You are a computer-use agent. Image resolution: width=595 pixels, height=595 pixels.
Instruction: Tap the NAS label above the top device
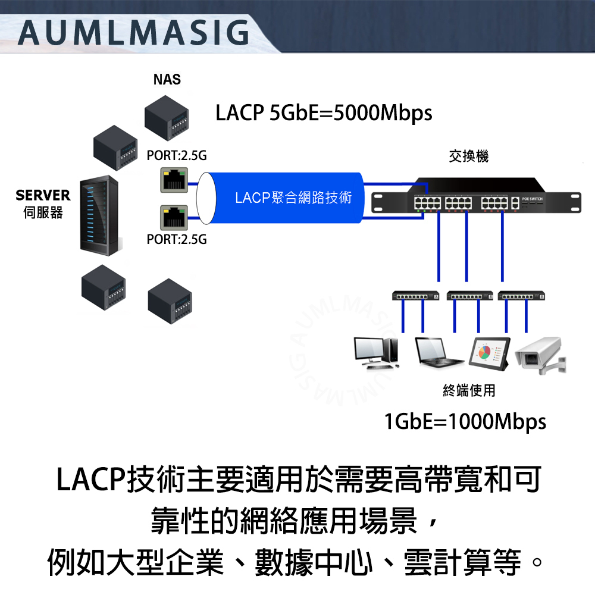(x=167, y=80)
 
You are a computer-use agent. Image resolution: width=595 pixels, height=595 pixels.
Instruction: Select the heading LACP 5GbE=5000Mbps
(x=324, y=112)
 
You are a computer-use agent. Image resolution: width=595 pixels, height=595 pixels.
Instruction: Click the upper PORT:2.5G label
(x=177, y=156)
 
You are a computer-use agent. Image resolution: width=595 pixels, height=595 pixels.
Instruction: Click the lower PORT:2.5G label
(x=177, y=240)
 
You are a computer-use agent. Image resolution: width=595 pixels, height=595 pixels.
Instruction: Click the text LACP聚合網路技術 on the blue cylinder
(x=293, y=198)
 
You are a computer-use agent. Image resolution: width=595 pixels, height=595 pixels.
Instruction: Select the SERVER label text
(x=43, y=195)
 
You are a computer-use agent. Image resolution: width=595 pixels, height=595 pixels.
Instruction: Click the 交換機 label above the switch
(x=469, y=156)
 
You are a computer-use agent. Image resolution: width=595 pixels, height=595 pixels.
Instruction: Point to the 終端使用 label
(x=469, y=390)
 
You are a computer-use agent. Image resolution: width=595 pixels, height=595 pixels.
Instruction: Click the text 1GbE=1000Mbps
(x=465, y=421)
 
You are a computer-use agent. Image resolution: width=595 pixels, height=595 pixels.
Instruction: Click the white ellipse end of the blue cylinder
(x=205, y=198)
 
